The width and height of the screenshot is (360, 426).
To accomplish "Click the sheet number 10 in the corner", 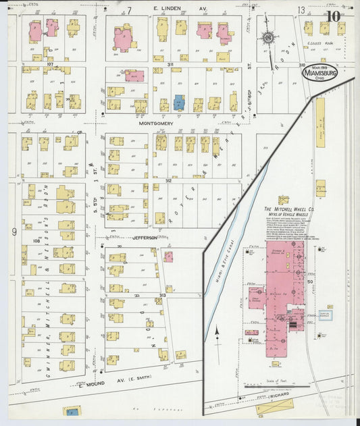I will pos(333,18).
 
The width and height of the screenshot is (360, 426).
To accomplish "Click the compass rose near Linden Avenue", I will pos(269,38).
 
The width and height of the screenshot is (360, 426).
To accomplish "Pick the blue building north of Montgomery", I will pos(178,103).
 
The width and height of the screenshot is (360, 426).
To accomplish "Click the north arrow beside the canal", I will pos(217,331).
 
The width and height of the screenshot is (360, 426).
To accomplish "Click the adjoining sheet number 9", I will pos(14,232).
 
